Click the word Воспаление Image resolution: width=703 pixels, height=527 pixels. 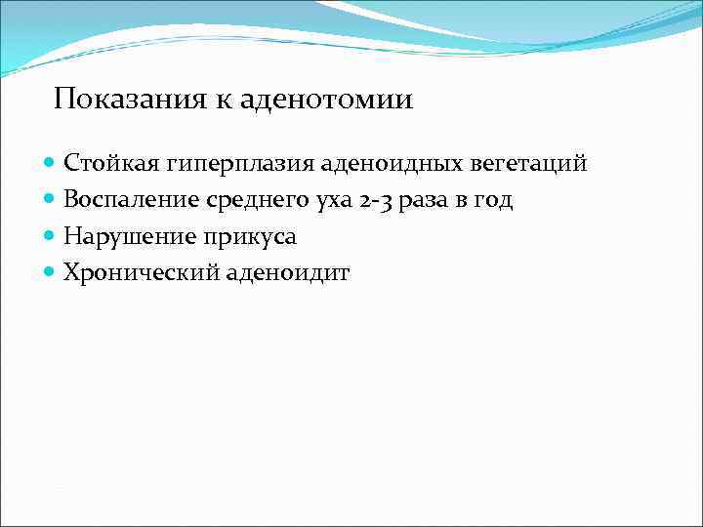tap(131, 200)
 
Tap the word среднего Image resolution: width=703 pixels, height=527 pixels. tap(257, 201)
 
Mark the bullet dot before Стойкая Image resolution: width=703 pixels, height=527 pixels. tap(50, 163)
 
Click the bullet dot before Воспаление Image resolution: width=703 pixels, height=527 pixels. tap(50, 200)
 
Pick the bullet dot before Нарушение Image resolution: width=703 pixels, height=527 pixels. tap(50, 237)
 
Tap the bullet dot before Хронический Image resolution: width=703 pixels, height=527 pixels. tap(50, 273)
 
